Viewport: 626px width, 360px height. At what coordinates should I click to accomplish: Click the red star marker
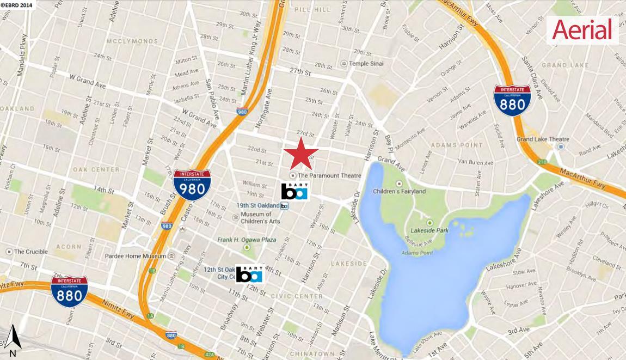coord(300,153)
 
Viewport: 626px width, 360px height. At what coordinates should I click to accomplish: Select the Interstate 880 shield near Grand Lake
coord(512,100)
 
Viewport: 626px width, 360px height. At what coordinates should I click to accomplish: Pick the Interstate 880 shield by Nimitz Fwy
coord(70,291)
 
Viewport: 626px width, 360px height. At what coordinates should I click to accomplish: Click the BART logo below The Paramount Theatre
coord(294,191)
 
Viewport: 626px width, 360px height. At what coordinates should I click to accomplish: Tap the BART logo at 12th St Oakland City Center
coord(249,274)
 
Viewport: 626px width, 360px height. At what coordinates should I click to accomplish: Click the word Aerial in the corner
coord(582,29)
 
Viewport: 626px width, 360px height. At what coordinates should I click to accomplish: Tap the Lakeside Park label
coord(430,230)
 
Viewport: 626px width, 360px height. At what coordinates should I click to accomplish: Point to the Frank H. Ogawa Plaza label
coord(247,240)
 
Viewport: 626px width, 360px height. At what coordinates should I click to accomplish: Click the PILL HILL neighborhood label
coord(312,10)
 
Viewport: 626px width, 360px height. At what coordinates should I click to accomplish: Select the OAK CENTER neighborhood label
coord(96,169)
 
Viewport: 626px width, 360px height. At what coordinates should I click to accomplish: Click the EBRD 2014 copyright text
coord(16,4)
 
